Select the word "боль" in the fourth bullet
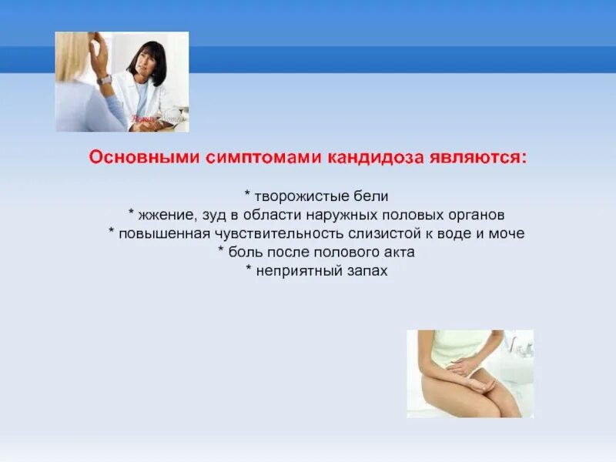pos(242,253)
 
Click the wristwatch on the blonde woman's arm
pos(104,79)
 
